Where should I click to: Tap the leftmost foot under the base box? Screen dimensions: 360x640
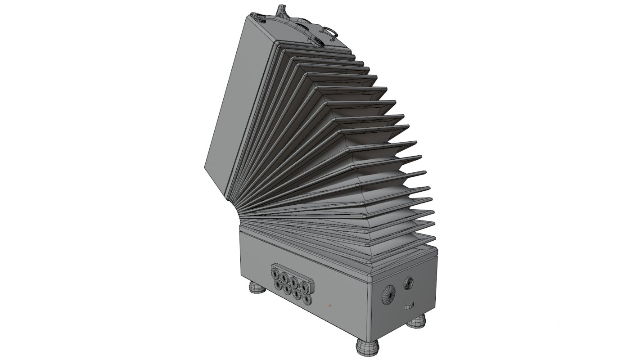tap(256, 286)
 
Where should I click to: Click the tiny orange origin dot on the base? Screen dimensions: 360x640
tap(330, 306)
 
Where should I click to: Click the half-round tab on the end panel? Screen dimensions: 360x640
tap(409, 306)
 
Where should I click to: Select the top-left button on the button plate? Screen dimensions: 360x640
tap(276, 272)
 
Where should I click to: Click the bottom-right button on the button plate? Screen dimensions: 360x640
tap(307, 299)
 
